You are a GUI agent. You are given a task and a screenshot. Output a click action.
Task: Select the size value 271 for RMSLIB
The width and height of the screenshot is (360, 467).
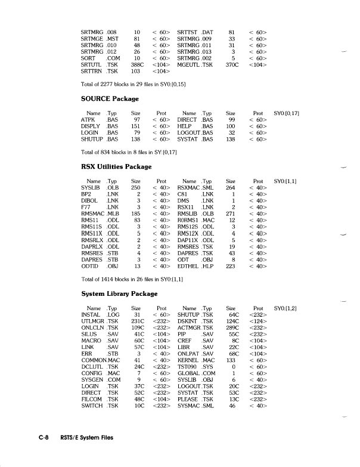[231, 212]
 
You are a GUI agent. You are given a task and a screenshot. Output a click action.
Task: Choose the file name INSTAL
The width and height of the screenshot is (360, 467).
[91, 315]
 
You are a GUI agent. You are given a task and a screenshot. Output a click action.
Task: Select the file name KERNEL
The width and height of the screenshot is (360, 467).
[189, 360]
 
